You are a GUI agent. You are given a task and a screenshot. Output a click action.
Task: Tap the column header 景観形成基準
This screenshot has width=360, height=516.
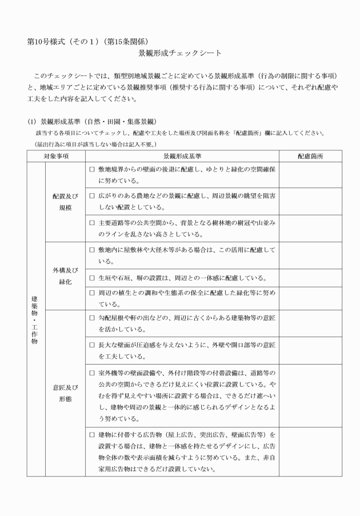182,155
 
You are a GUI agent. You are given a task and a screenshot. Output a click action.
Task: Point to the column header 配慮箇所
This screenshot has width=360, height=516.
310,155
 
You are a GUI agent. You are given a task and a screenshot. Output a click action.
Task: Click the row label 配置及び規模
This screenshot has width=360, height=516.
65,202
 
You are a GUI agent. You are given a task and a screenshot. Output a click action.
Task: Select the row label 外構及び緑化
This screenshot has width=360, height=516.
65,277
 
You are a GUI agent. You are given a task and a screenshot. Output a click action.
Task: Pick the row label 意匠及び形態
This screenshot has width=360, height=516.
65,393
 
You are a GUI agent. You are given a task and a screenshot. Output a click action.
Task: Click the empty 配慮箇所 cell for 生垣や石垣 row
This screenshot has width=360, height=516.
310,278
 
